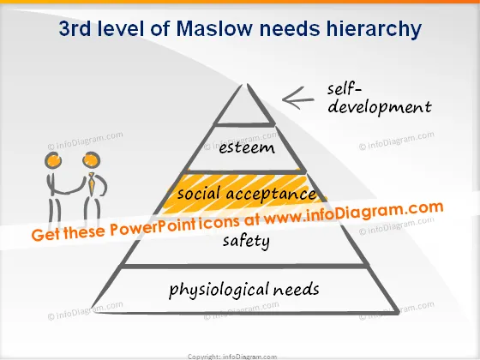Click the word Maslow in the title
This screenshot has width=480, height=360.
click(214, 28)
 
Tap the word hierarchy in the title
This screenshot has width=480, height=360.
click(374, 30)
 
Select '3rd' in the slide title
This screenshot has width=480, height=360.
click(75, 28)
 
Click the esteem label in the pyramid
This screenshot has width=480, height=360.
click(247, 147)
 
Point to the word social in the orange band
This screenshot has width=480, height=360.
click(199, 193)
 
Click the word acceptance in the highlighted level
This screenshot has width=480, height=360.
click(271, 194)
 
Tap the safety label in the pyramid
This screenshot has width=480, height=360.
click(246, 241)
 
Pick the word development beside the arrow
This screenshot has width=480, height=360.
click(379, 108)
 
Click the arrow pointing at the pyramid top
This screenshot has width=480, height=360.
click(298, 99)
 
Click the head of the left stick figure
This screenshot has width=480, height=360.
click(53, 160)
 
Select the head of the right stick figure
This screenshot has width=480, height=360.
click(91, 159)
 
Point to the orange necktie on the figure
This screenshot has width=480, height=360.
click(91, 183)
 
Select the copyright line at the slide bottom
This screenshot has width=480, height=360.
click(232, 357)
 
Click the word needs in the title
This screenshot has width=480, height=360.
click(290, 28)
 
